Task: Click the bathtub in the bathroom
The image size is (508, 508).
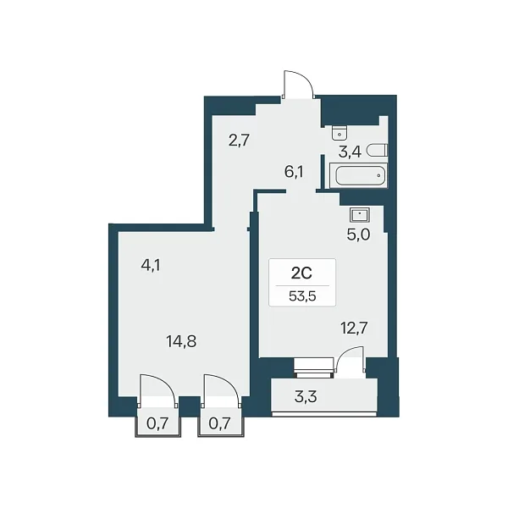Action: pos(358,175)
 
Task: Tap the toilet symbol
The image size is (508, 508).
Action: pos(377,150)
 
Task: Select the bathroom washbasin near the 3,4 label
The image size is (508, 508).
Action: pos(340,133)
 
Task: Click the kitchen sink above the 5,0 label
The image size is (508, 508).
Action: pos(360,215)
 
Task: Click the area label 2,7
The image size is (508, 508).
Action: pos(239,141)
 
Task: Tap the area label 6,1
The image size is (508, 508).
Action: pos(294,172)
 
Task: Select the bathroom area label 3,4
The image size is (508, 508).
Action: pos(350,152)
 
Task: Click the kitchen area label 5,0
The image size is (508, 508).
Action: pos(358,235)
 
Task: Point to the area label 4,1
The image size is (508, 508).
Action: pos(151,266)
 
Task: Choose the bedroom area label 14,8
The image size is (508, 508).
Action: pos(181,341)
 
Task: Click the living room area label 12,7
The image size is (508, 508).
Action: pos(354,329)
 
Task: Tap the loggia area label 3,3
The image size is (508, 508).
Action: pos(306,396)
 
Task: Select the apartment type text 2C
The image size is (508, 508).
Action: pos(301,273)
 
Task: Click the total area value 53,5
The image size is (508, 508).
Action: pos(302,296)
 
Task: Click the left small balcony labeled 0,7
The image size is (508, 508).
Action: pos(157,423)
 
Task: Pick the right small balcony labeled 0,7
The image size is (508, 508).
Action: pos(220,423)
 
